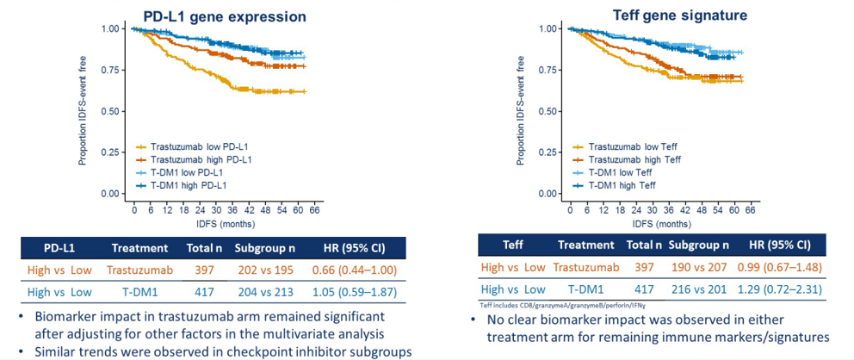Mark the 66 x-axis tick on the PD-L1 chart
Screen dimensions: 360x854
(x=315, y=210)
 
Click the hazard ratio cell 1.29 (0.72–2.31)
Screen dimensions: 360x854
(x=778, y=289)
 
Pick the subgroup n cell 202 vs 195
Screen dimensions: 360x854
(x=267, y=270)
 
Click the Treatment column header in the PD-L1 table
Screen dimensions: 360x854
(x=139, y=248)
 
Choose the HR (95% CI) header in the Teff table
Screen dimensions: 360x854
(x=778, y=244)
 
